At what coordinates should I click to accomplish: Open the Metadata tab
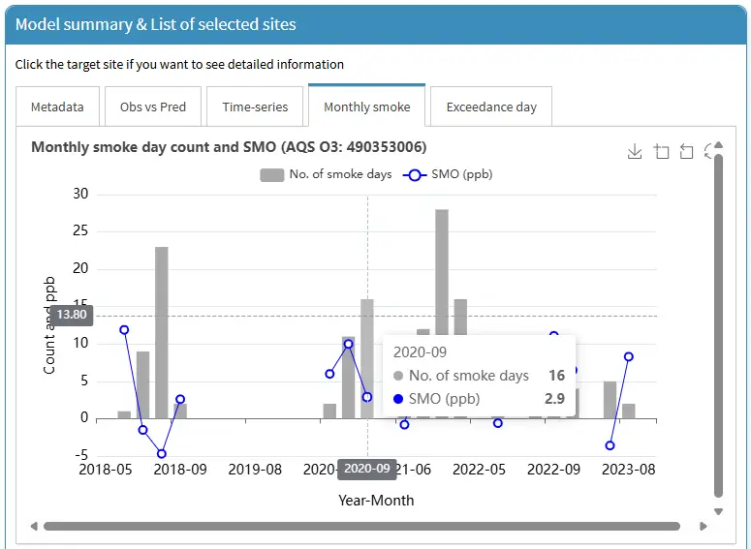coord(57,107)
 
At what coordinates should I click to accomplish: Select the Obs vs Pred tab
coord(153,107)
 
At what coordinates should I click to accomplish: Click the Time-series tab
coord(255,107)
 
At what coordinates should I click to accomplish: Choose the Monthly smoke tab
coord(367,107)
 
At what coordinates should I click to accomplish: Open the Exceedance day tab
coord(491,107)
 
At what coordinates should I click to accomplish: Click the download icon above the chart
coord(635,151)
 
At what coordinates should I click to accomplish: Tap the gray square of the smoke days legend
coord(272,174)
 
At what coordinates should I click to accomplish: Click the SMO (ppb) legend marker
coord(415,175)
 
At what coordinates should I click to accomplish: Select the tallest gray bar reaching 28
coord(442,314)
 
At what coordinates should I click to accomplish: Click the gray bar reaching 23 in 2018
coord(162,333)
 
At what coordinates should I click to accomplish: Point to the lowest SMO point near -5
coord(162,453)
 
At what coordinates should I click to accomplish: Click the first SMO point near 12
coord(124,330)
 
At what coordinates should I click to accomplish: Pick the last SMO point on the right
coord(629,356)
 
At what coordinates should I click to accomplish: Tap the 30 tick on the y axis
coord(80,194)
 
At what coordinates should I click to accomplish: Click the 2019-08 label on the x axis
coord(255,470)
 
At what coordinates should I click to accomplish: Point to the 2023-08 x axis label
coord(628,470)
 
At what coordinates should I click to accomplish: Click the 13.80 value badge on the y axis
coord(72,315)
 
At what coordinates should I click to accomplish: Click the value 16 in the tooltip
coord(556,376)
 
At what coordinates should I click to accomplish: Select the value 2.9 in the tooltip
coord(554,399)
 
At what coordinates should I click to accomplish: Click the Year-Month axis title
coord(376,501)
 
